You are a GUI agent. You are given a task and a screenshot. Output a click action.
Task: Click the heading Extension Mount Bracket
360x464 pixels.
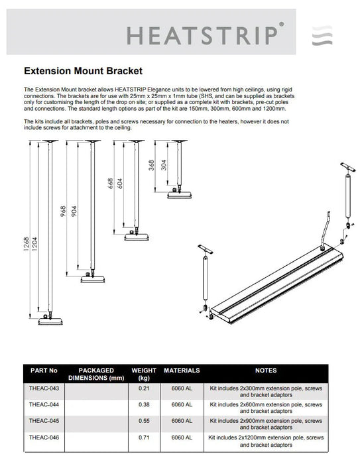pos(83,69)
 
